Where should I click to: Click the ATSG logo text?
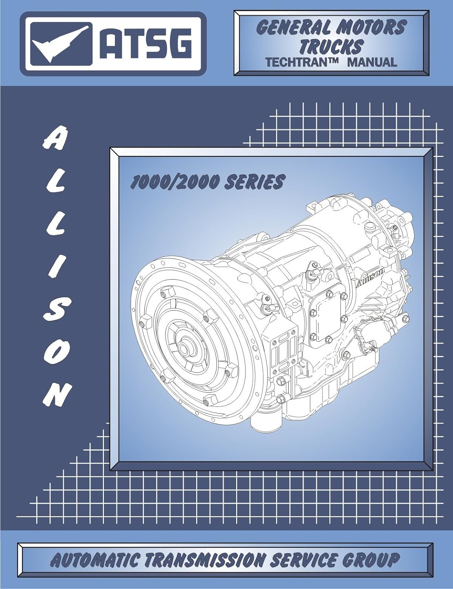pos(146,43)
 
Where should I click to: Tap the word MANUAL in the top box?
pos(372,62)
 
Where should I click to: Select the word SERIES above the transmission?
pos(253,181)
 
